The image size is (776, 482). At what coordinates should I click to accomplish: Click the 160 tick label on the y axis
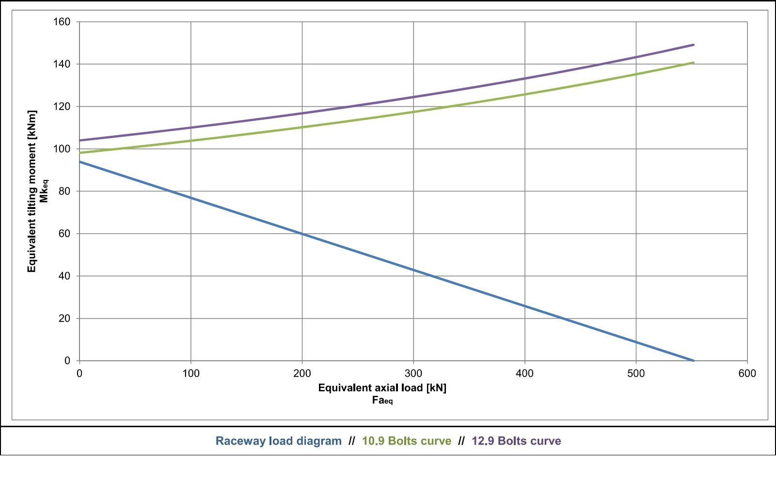[62, 22]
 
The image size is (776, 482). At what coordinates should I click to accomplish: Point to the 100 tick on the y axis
[62, 149]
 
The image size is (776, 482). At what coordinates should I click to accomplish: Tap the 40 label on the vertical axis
[64, 276]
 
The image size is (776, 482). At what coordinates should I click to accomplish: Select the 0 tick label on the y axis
[67, 361]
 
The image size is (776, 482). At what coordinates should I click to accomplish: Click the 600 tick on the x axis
[747, 373]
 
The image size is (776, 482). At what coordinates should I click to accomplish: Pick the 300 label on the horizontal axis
[413, 373]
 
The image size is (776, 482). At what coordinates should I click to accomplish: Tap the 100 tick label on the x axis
[190, 373]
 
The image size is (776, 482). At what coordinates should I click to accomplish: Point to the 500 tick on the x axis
[635, 373]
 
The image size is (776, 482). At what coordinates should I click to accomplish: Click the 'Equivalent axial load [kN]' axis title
[382, 388]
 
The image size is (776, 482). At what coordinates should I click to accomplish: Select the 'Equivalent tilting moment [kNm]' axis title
[32, 192]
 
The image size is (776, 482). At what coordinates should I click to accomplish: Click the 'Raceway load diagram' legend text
[278, 441]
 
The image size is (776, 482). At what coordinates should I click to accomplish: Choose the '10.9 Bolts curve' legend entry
[406, 441]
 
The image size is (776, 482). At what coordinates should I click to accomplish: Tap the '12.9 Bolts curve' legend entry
[516, 441]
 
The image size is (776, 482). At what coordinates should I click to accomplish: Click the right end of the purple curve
[694, 45]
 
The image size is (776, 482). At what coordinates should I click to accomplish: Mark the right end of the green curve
[694, 63]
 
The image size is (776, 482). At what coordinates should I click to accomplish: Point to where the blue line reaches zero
[694, 361]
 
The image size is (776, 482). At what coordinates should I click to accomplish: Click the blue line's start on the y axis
[79, 161]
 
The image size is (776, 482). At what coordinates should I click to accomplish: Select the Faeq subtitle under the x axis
[382, 401]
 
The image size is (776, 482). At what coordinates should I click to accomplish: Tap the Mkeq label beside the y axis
[44, 191]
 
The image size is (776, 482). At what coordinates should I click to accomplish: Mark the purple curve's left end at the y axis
[79, 141]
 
